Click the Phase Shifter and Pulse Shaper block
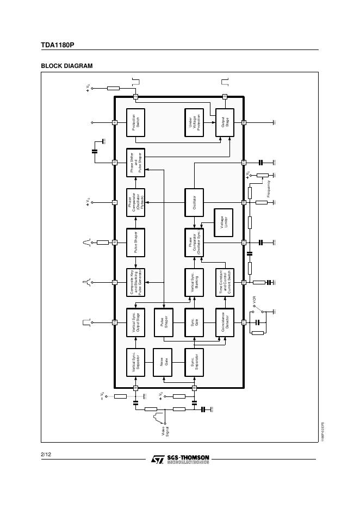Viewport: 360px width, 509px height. point(135,162)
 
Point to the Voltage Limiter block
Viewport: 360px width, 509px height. point(224,222)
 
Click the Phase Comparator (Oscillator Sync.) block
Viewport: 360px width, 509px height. point(194,243)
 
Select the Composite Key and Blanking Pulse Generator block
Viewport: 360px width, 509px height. point(135,282)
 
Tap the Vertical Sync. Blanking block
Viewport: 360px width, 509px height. point(194,282)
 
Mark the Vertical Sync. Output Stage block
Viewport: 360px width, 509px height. point(135,322)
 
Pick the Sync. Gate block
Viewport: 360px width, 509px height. point(194,322)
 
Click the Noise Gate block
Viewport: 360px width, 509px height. point(164,362)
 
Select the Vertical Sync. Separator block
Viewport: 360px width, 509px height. point(135,362)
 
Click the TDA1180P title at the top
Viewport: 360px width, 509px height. point(57,45)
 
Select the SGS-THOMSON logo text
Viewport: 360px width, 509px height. point(187,458)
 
